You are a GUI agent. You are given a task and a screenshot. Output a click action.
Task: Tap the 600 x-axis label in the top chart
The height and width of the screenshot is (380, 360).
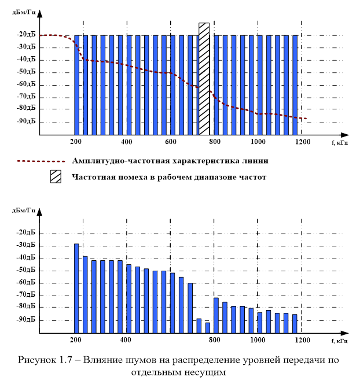(x=170, y=142)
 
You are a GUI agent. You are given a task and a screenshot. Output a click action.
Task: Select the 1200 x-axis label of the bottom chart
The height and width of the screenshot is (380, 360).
(x=302, y=340)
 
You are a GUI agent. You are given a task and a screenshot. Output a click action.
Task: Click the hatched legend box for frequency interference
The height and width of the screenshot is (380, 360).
(x=56, y=177)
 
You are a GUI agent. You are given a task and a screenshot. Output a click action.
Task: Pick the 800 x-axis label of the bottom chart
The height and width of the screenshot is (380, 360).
(x=215, y=340)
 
